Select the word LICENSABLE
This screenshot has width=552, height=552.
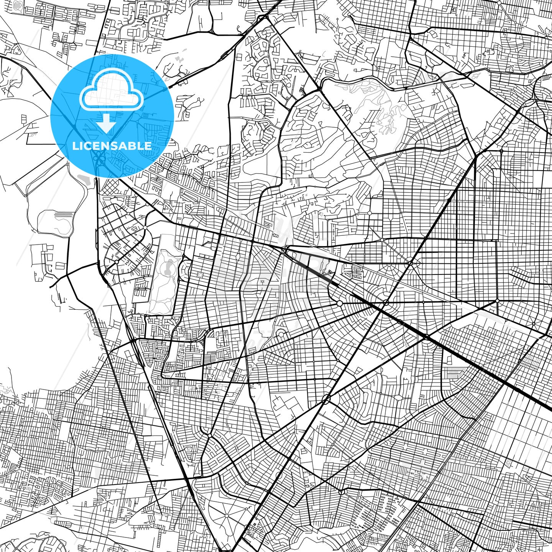click(x=112, y=146)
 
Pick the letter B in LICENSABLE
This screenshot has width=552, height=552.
click(x=137, y=146)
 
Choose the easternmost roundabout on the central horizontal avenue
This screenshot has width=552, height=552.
click(x=497, y=301)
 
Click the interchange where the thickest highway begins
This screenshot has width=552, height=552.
click(x=285, y=250)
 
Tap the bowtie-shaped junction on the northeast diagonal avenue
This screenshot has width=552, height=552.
click(x=410, y=264)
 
